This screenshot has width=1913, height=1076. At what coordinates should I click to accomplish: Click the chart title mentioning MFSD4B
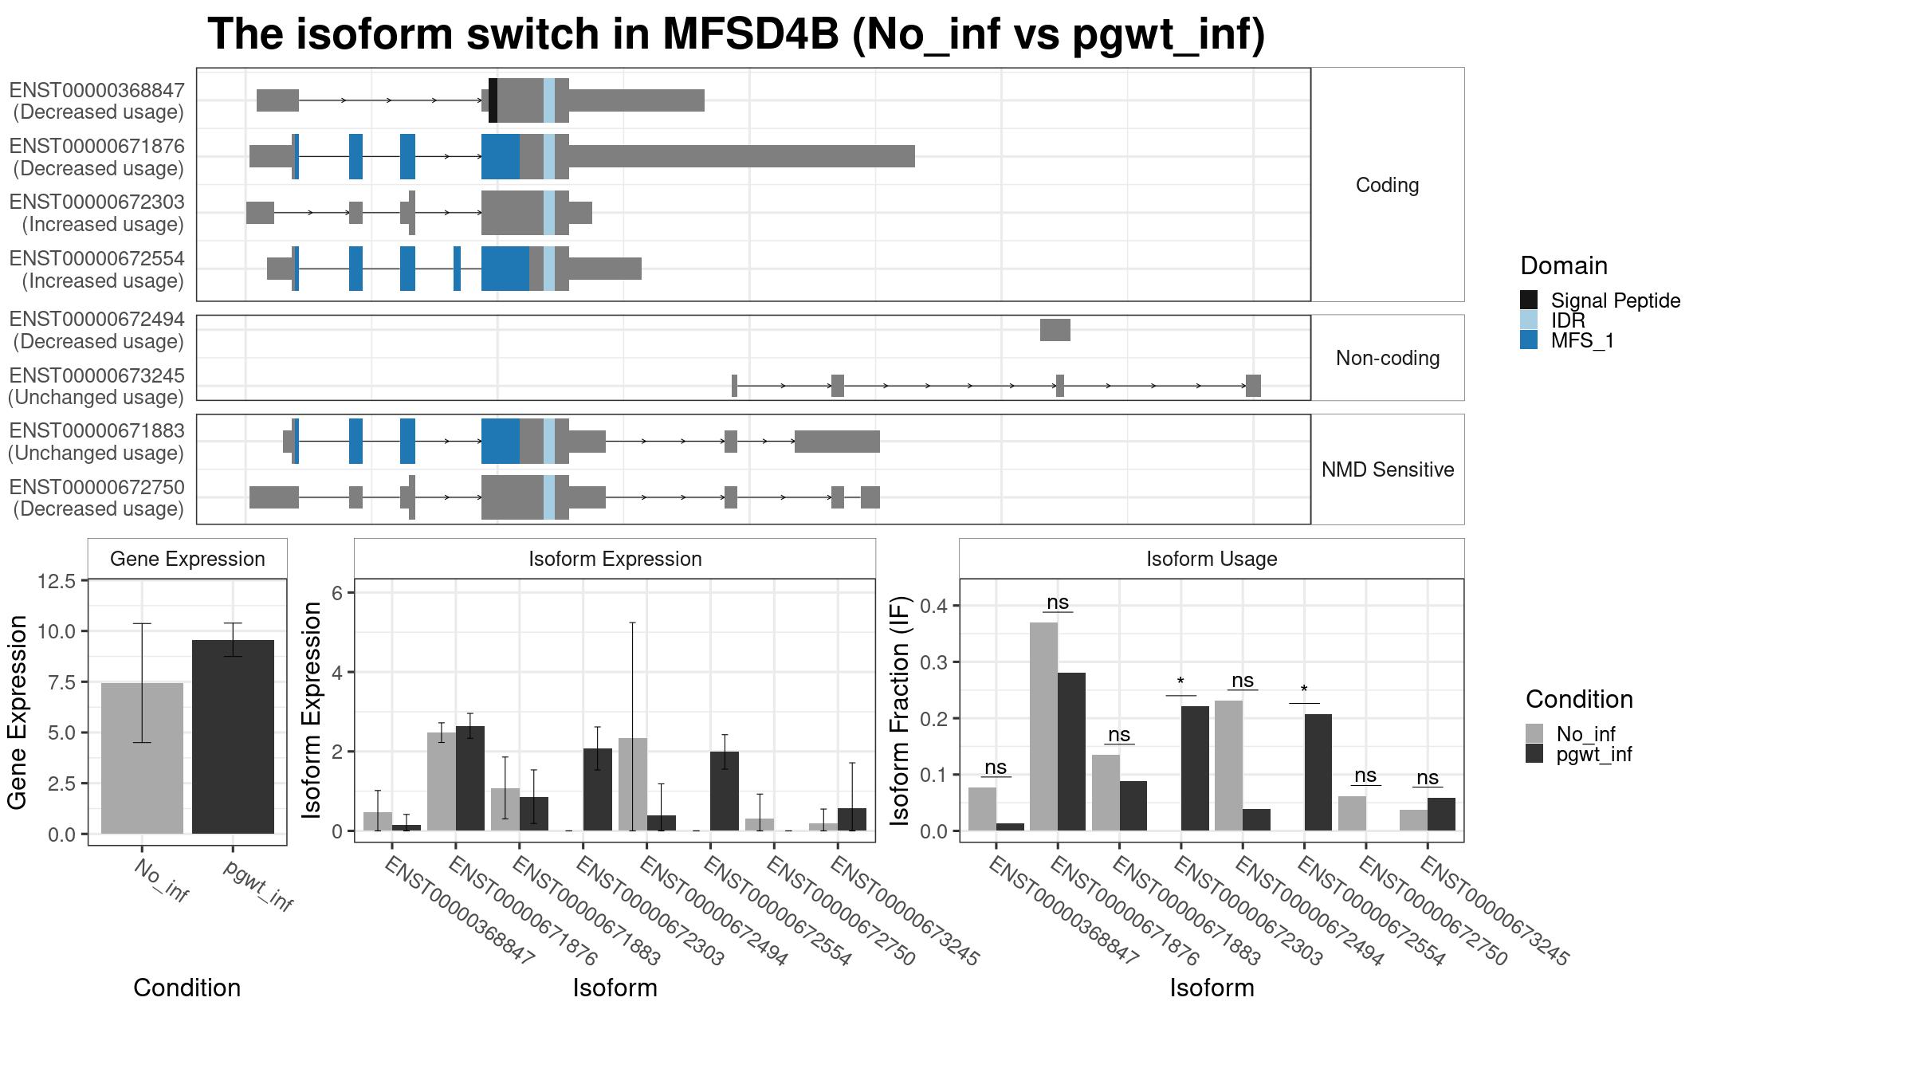coord(736,35)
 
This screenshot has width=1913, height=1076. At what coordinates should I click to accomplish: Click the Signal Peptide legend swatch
coord(1528,300)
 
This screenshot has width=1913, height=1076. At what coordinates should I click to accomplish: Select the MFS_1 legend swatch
coord(1528,340)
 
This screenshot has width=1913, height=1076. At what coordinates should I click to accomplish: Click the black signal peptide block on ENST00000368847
coord(493,100)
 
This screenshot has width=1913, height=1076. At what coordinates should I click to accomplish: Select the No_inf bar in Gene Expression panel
coord(142,757)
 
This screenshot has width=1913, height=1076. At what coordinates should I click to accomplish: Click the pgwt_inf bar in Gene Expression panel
coord(233,736)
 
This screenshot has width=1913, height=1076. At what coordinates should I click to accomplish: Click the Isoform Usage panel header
coord(1211,559)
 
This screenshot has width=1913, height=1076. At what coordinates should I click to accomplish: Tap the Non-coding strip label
coord(1387,358)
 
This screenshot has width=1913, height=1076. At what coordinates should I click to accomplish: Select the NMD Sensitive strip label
coord(1387,469)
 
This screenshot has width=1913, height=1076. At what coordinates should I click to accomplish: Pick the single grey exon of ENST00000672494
coord(1055,330)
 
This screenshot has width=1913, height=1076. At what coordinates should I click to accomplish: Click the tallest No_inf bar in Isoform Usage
coord(1043,726)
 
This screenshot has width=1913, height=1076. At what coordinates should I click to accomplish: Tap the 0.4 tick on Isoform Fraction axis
coord(936,606)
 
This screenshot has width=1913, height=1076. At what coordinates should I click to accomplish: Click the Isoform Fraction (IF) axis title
coord(900,709)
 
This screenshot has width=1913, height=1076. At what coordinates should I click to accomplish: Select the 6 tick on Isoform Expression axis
coord(337,593)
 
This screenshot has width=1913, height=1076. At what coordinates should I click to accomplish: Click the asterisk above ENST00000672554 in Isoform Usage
coord(1303,689)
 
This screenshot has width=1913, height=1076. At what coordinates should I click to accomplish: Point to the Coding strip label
coord(1387,185)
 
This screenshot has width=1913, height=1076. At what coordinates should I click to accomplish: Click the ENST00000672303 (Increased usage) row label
coord(96,213)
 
